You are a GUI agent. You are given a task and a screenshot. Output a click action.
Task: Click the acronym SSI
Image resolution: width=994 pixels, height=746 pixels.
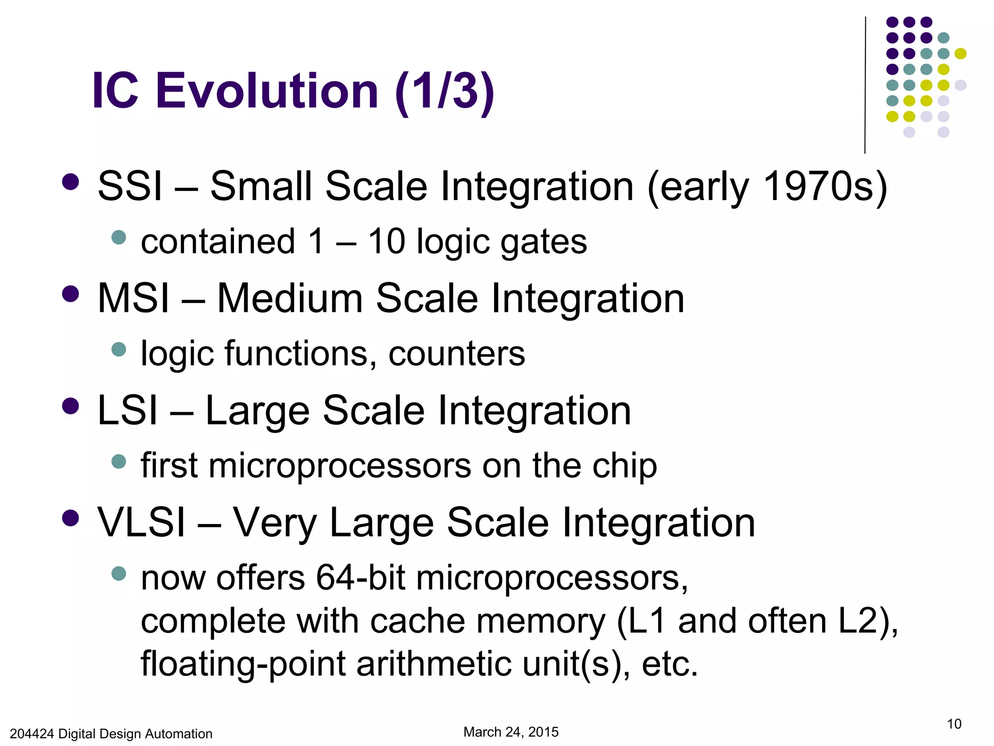[x=130, y=186]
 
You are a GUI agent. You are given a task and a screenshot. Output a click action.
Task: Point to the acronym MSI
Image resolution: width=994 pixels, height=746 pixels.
[x=133, y=299]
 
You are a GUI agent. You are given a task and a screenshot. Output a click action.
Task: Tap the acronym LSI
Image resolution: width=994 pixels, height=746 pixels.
[x=128, y=411]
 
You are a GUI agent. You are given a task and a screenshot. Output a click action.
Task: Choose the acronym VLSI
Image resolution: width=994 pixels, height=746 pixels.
[x=141, y=523]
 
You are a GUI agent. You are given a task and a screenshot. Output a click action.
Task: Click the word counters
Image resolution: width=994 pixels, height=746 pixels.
[x=456, y=354]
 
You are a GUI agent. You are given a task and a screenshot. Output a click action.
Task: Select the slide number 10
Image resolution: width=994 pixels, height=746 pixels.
[x=954, y=724]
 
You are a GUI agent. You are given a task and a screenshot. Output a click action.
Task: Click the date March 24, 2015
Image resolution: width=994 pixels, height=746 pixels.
[x=511, y=732]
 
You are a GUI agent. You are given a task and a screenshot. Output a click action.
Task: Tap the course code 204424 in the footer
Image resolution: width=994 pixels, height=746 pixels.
[x=32, y=734]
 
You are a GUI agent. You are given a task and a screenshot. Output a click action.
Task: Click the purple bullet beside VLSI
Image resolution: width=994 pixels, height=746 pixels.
[x=71, y=518]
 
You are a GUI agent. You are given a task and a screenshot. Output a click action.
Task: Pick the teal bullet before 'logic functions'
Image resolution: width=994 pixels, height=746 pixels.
[x=118, y=349]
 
